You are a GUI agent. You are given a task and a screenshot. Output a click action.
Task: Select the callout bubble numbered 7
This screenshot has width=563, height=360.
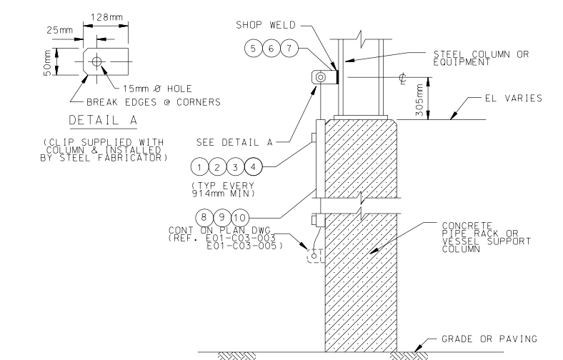click(287, 48)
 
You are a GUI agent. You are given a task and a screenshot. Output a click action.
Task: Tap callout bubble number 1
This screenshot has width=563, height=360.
click(200, 167)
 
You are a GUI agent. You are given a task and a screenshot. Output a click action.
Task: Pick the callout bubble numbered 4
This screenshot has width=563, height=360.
click(251, 167)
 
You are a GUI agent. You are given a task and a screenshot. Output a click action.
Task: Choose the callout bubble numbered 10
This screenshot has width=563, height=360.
click(239, 216)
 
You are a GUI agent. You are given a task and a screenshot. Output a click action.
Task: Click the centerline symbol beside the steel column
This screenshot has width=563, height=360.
click(404, 81)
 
